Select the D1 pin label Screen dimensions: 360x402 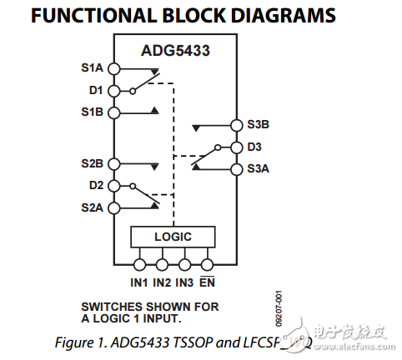(96, 90)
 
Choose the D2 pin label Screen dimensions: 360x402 (96, 184)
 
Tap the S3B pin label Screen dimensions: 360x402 (259, 125)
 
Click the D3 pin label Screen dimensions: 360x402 (254, 147)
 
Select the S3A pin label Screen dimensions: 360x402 (259, 169)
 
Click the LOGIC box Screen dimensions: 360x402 (173, 237)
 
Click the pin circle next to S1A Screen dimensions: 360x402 (114, 69)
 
